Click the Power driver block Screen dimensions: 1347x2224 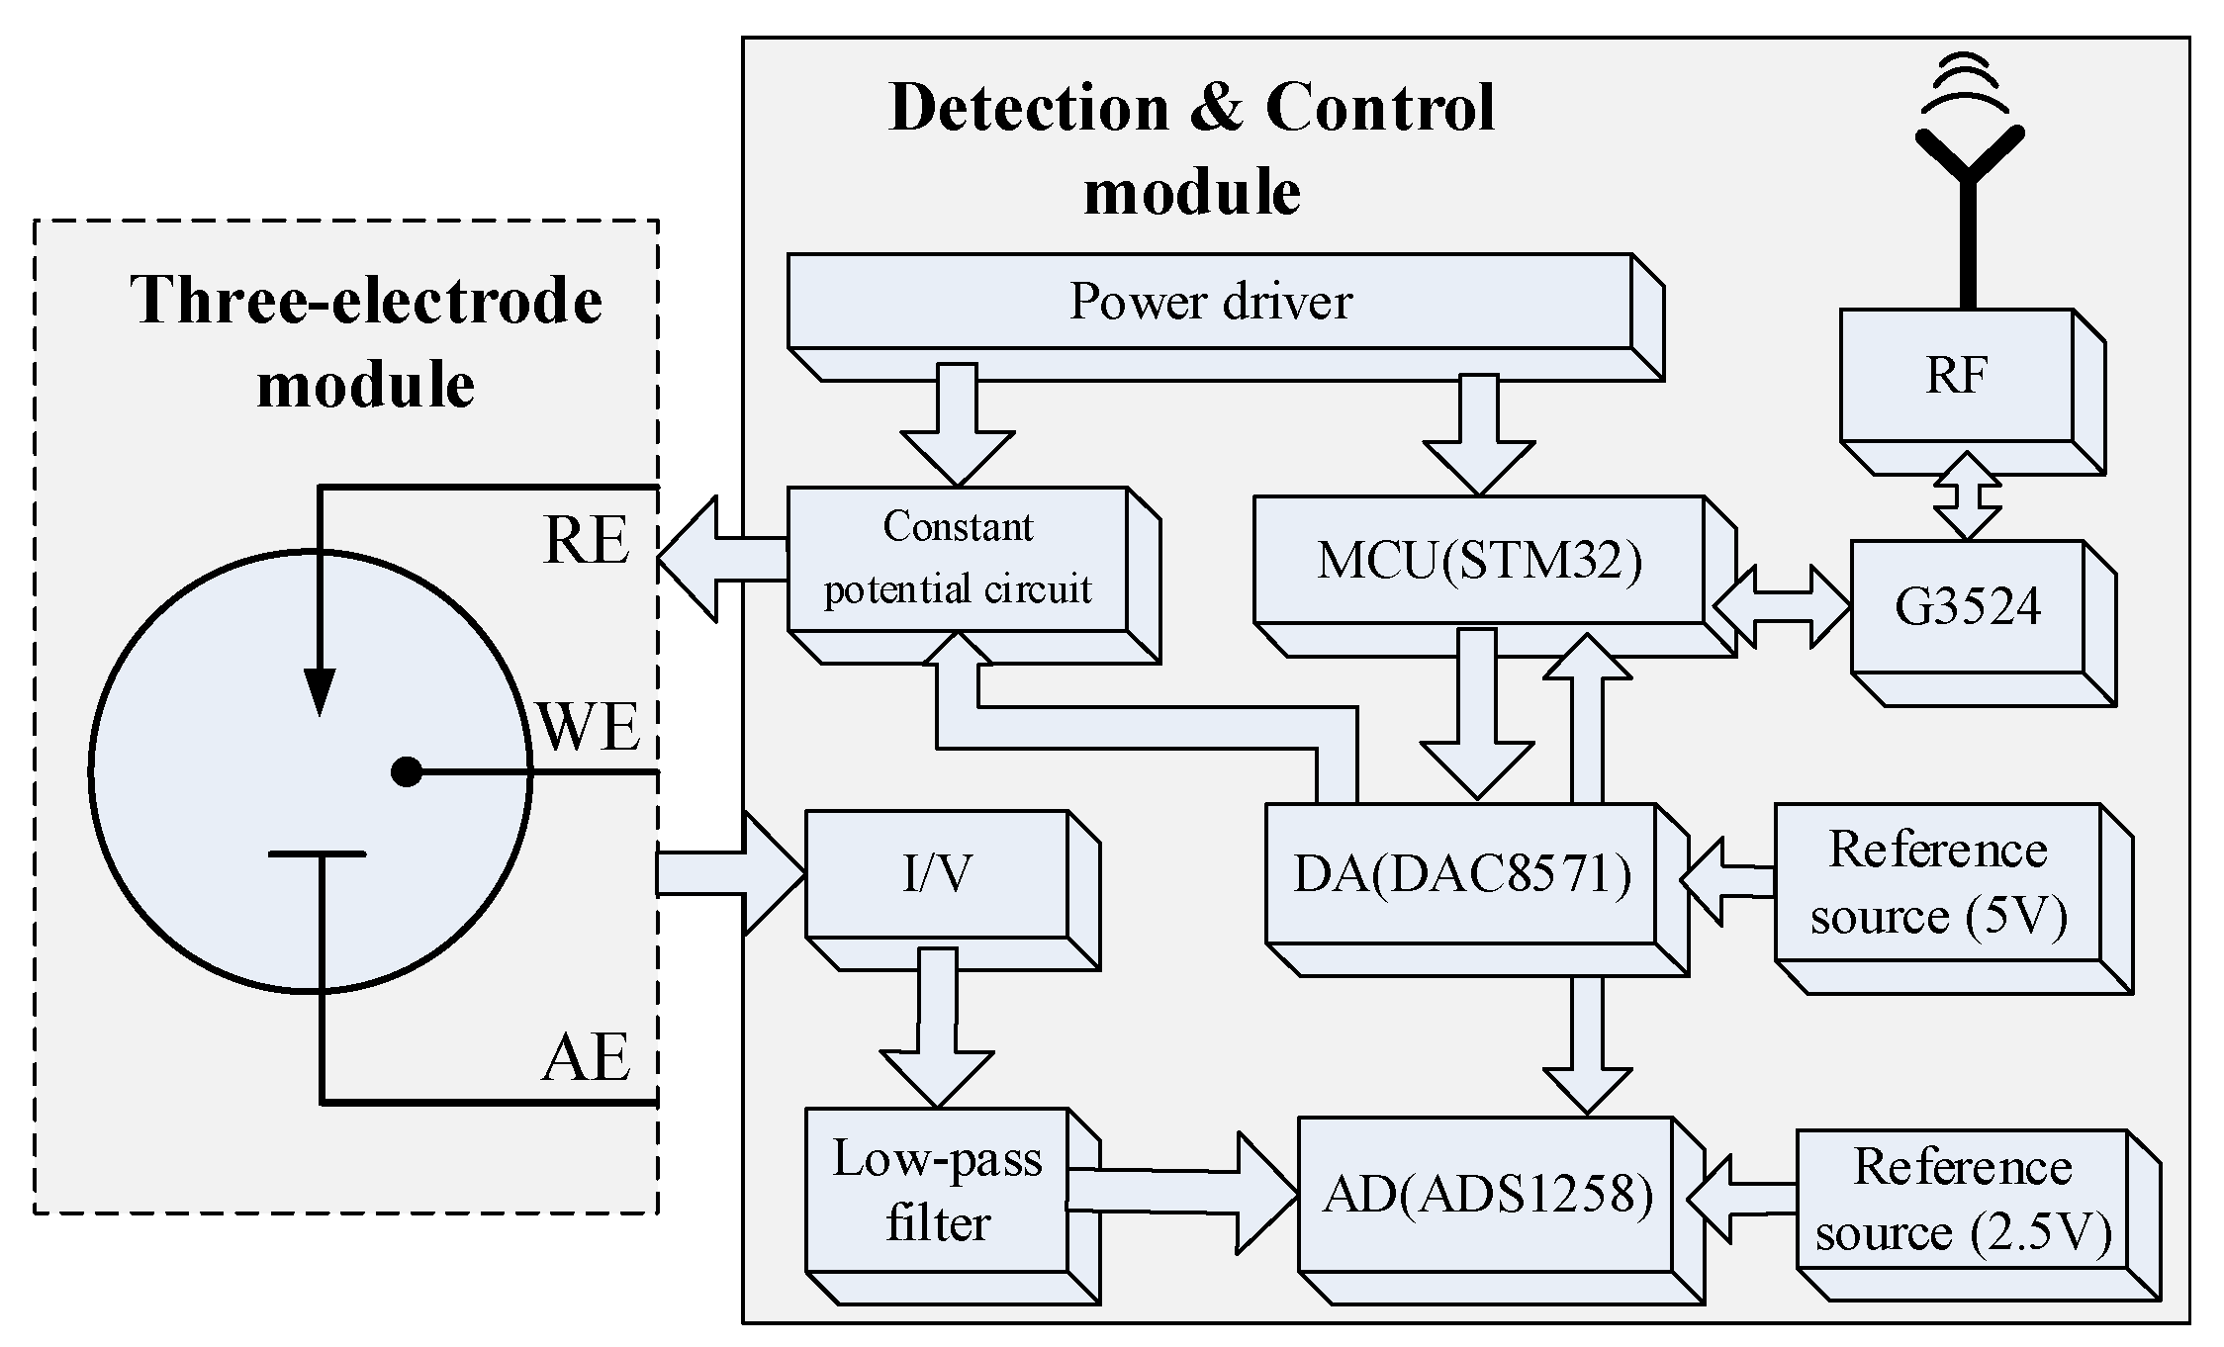click(1209, 302)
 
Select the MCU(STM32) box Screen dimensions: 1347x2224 click(1479, 561)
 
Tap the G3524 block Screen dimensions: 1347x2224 click(1967, 607)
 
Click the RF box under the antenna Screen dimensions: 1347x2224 click(1956, 376)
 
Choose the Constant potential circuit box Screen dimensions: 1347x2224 click(958, 559)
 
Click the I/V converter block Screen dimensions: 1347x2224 click(937, 874)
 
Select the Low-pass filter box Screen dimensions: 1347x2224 click(937, 1191)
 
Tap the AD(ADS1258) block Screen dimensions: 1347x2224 click(1487, 1195)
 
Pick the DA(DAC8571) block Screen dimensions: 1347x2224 click(1461, 874)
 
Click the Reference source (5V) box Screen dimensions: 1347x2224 click(1937, 882)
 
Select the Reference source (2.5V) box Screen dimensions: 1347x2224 click(1962, 1200)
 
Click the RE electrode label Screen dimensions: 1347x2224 click(586, 541)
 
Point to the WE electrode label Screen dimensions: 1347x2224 click(589, 728)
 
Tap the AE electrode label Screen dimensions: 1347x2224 click(586, 1057)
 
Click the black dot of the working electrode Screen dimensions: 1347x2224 click(407, 771)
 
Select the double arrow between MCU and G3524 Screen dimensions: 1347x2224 click(1781, 606)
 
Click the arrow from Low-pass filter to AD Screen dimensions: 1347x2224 click(1182, 1193)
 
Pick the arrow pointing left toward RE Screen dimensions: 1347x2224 click(720, 559)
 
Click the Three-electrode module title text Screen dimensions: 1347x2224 click(366, 341)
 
